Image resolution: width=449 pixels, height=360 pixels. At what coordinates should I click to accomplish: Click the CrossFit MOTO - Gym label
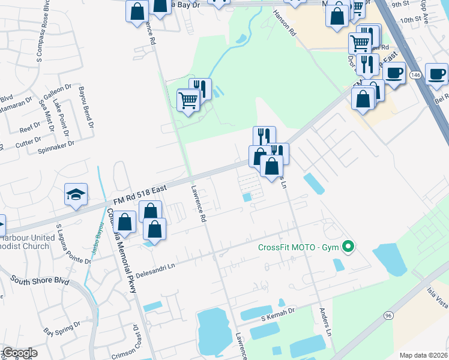click(298, 247)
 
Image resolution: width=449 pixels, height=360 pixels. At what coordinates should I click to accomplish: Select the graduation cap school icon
click(77, 194)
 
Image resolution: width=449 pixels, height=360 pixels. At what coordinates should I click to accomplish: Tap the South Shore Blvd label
click(40, 281)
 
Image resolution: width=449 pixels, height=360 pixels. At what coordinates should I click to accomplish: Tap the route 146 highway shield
click(415, 74)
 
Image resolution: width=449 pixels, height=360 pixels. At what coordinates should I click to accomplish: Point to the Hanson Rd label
click(285, 24)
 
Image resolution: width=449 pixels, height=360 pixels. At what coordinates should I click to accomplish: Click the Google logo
click(19, 353)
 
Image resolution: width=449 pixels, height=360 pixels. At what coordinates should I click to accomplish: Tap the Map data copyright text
click(423, 355)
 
